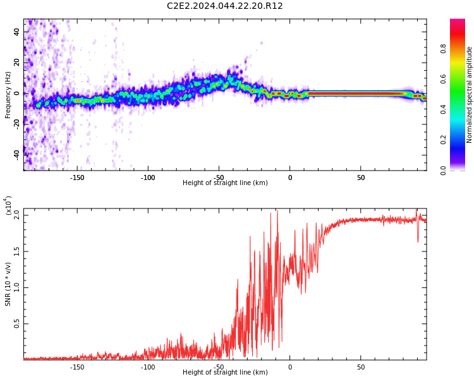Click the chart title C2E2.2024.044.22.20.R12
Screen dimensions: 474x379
[224, 6]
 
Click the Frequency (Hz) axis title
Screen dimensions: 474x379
[8, 95]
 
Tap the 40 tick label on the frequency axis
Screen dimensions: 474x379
[16, 32]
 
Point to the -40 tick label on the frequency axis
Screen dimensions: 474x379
[16, 155]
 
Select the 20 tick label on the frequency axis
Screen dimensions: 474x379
[16, 63]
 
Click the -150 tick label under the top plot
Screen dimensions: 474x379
[77, 177]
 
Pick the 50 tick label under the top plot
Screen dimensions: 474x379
[361, 177]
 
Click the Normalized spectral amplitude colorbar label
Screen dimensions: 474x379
[469, 95]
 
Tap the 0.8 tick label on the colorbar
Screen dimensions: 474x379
[443, 49]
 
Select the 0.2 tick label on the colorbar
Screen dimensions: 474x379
[443, 140]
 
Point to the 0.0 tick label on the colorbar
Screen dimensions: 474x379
[443, 171]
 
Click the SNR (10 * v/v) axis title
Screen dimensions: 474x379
[8, 284]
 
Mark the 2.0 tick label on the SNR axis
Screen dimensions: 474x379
[16, 215]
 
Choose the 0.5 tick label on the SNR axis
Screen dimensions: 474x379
[16, 323]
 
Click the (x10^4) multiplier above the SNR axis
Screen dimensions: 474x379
[8, 205]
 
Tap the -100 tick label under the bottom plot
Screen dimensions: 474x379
[148, 367]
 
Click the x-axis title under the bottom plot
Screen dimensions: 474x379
[225, 372]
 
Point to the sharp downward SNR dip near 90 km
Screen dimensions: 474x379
[418, 238]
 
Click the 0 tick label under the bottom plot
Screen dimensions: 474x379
[290, 367]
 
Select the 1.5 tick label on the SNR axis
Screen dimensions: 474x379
[16, 251]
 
